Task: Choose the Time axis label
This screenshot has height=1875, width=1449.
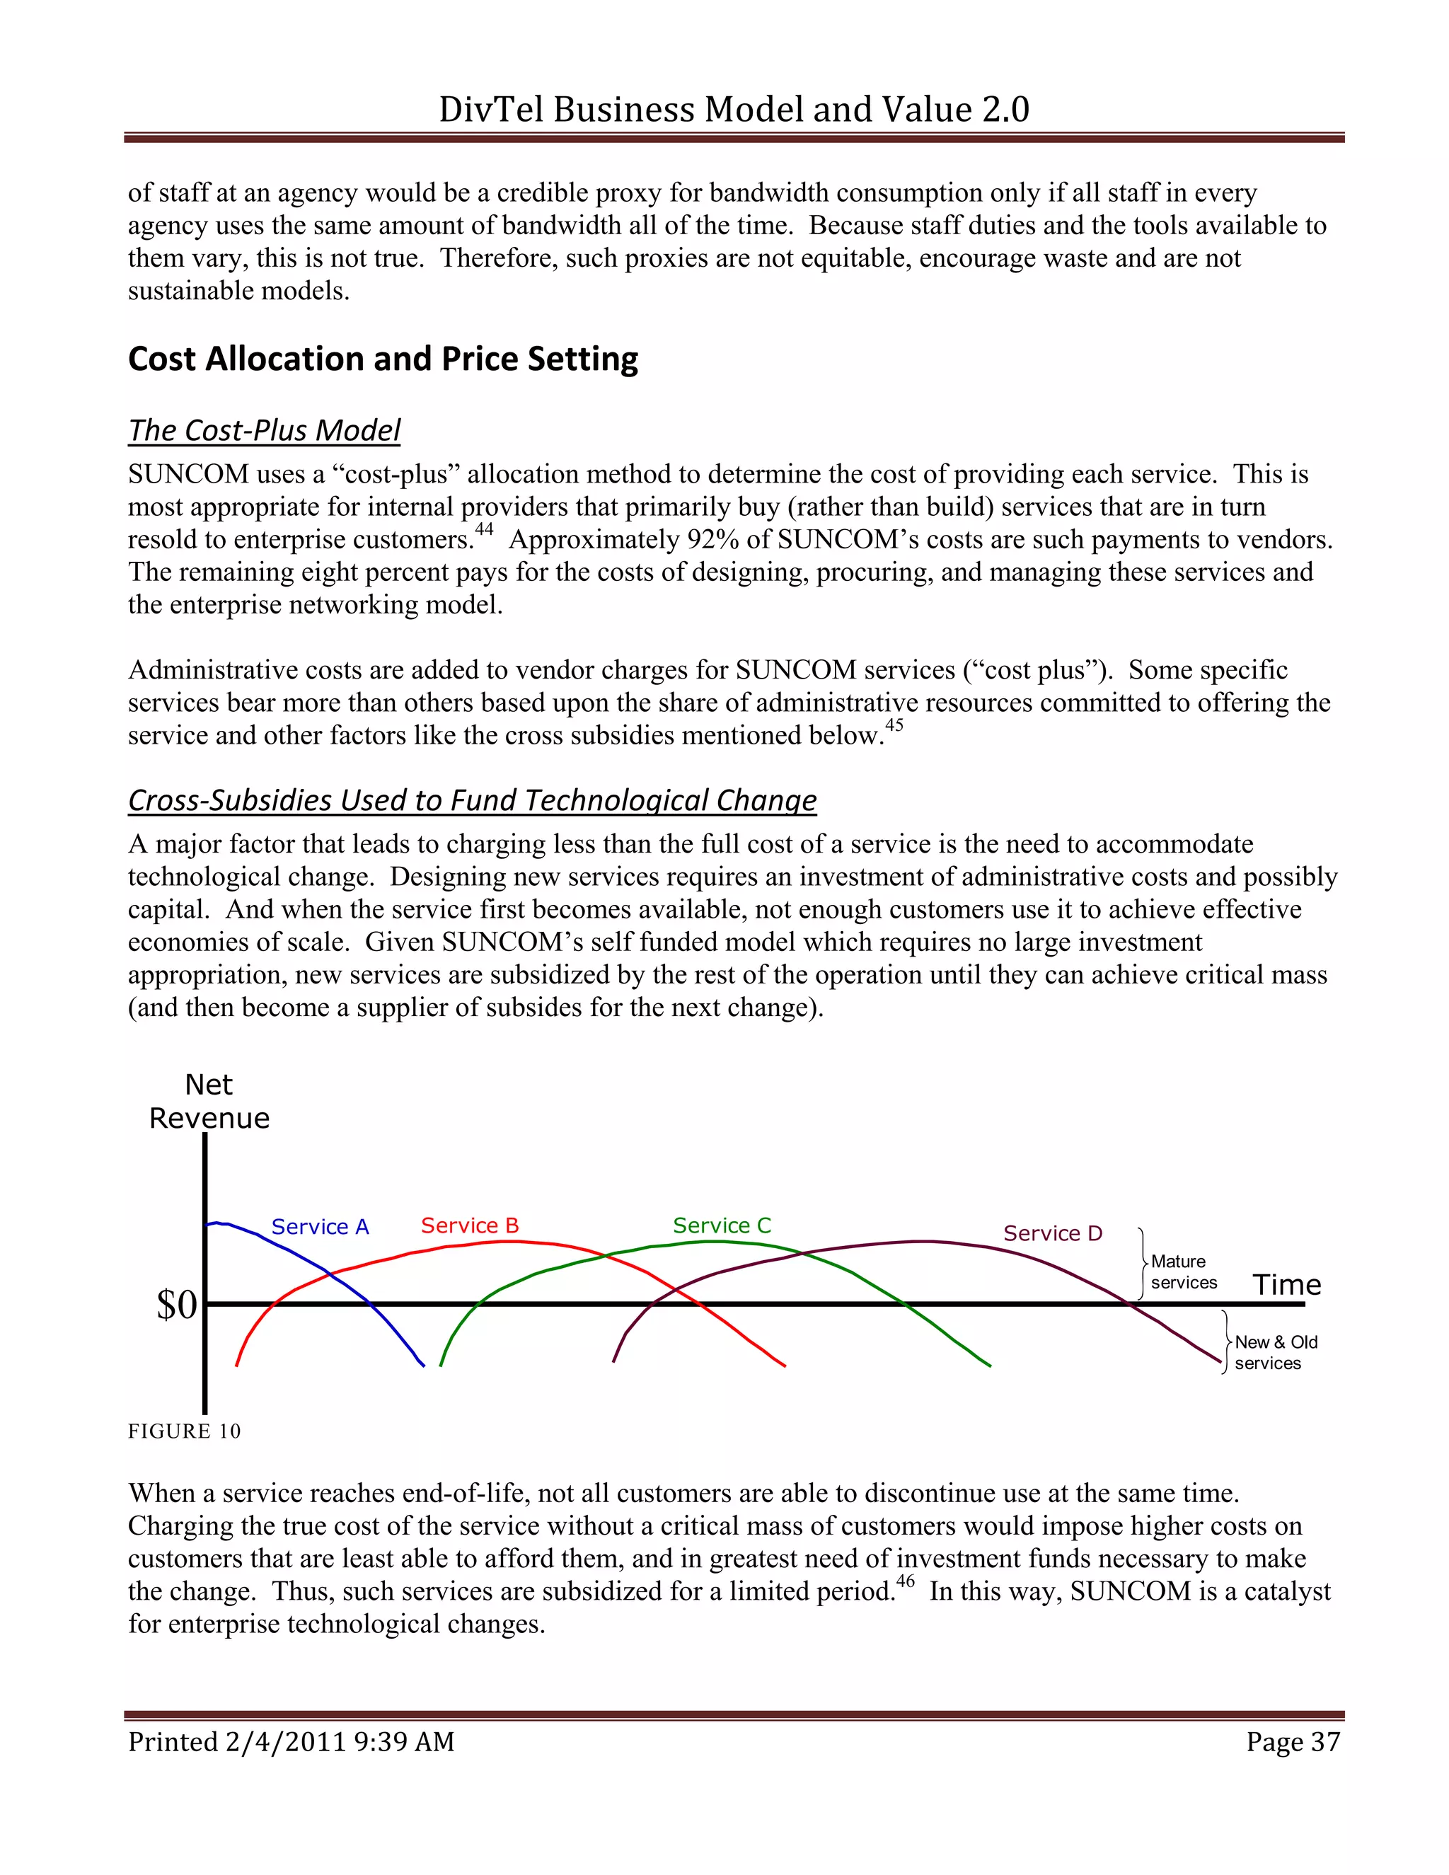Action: (1286, 1284)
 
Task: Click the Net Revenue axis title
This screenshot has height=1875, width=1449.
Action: (209, 1102)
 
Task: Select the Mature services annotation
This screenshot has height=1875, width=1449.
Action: (1183, 1271)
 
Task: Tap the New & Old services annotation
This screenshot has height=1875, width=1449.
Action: (1275, 1352)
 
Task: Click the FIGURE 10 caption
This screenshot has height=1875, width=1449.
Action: (184, 1431)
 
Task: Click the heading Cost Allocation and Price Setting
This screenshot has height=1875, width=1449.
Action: (383, 359)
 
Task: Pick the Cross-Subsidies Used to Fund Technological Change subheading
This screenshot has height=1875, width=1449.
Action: (472, 800)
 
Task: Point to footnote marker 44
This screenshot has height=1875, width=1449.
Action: (484, 529)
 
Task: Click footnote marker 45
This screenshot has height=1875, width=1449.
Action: (894, 725)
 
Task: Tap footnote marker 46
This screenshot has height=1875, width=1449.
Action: (905, 1581)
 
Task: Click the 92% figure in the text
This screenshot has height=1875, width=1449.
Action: (712, 540)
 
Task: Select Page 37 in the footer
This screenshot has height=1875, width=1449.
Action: (1293, 1741)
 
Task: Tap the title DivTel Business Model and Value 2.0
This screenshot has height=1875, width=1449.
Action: (734, 109)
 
